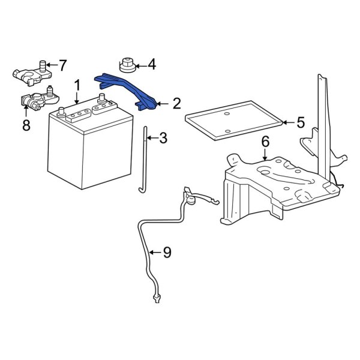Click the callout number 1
[77, 85]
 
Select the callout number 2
[176, 104]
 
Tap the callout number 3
[163, 139]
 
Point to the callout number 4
[151, 63]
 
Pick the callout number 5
[301, 123]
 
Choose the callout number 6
[264, 142]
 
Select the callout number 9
[166, 253]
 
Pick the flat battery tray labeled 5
[234, 123]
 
